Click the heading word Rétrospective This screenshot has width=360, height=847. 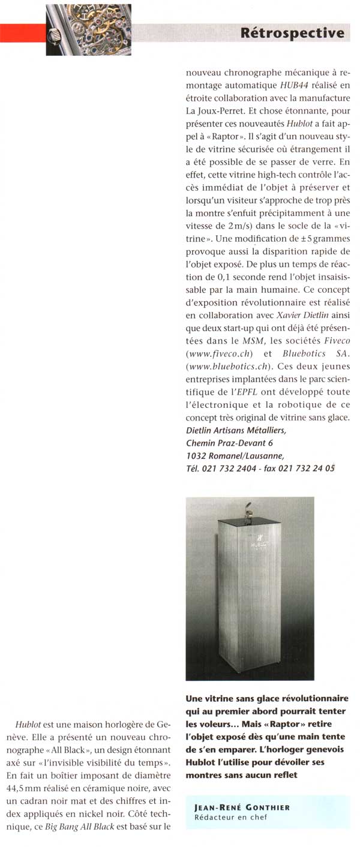(x=292, y=33)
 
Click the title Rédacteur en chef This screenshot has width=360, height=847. (x=226, y=817)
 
